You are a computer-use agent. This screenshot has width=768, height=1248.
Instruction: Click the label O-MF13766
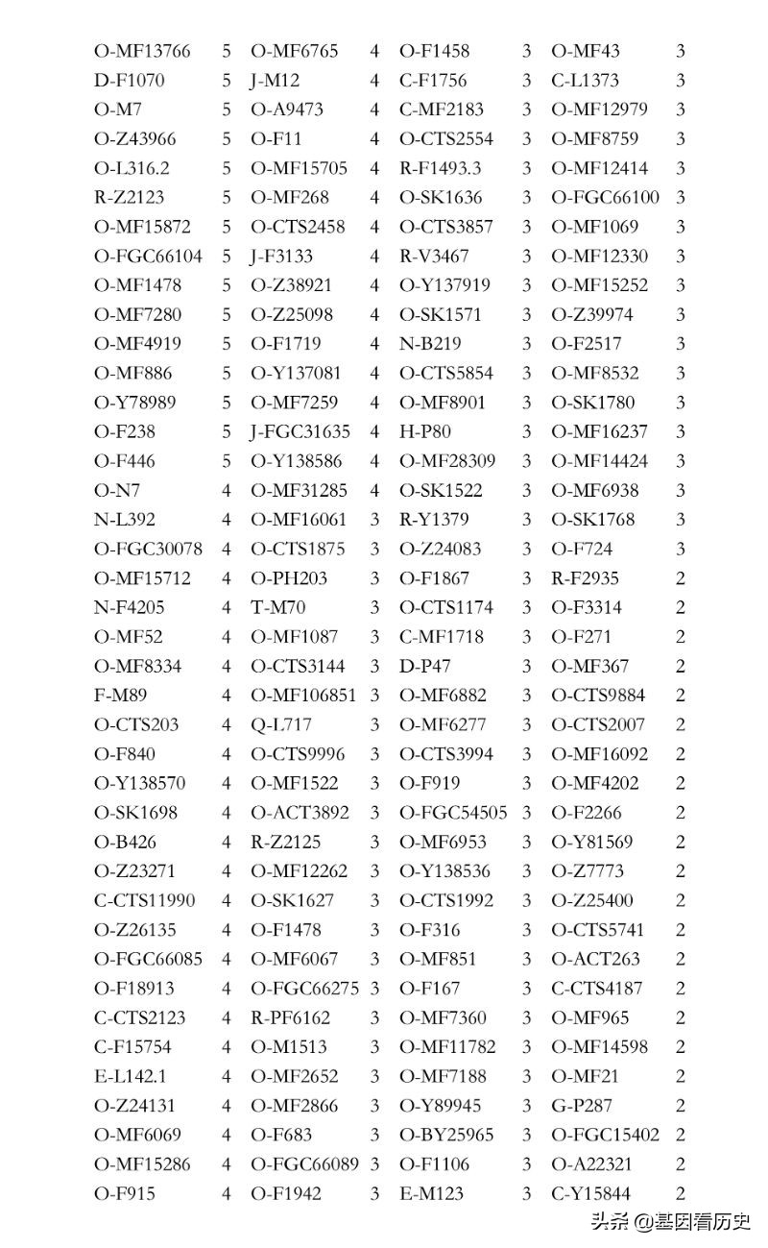click(x=142, y=51)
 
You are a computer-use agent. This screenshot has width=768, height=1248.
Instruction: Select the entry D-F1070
click(x=130, y=81)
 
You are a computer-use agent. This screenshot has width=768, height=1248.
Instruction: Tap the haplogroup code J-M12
click(x=276, y=81)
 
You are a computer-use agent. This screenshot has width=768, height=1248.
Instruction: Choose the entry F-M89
click(x=121, y=695)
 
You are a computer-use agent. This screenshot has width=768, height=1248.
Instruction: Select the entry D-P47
click(x=425, y=666)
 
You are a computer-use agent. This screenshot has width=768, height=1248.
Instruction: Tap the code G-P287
click(x=582, y=1106)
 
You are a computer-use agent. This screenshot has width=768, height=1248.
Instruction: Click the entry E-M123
click(x=431, y=1193)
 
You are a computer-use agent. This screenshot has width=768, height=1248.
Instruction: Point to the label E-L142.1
click(x=131, y=1076)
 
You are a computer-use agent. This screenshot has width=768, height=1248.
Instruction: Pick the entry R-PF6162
click(x=291, y=1017)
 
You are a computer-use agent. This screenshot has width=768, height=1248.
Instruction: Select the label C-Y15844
click(x=597, y=1193)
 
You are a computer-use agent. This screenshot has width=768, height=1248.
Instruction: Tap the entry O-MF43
click(x=586, y=51)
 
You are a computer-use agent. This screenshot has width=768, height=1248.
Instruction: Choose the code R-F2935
click(x=585, y=578)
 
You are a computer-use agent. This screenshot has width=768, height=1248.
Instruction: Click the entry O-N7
click(x=117, y=490)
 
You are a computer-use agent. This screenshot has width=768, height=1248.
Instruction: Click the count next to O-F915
click(x=227, y=1193)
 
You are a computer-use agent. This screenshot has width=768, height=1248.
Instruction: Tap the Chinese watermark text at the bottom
click(x=670, y=1222)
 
